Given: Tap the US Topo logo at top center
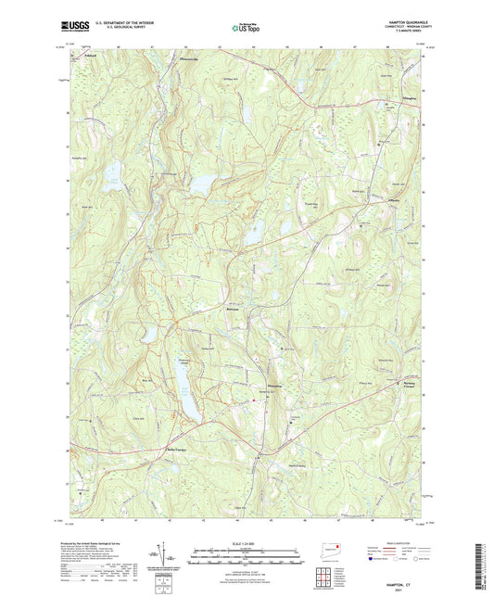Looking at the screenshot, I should [x=246, y=28].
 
